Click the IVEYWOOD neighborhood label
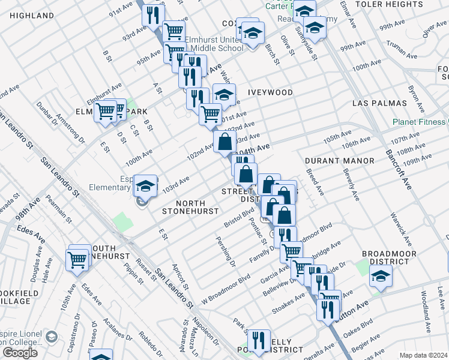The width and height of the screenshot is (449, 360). (270, 92)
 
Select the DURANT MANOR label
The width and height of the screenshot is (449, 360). (339, 161)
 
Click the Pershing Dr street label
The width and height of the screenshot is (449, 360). (226, 248)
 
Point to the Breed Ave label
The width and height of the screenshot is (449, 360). (315, 182)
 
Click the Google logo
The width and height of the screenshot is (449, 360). (20, 353)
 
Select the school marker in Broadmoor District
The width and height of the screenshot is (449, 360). (381, 277)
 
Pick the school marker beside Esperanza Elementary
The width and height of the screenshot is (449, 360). (145, 185)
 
